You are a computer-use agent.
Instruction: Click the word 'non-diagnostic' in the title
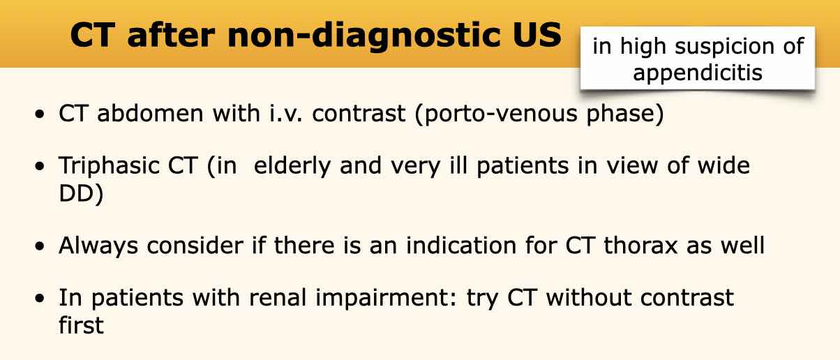click(x=363, y=36)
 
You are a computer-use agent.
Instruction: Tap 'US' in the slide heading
click(x=537, y=34)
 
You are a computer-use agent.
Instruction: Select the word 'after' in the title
click(x=171, y=34)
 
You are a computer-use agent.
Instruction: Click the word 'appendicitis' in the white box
click(x=698, y=73)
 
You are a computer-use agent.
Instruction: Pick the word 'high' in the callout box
click(x=643, y=47)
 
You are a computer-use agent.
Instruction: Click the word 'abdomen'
click(x=150, y=113)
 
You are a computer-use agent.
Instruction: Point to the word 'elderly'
click(x=292, y=166)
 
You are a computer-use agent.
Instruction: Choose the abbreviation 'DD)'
click(x=81, y=194)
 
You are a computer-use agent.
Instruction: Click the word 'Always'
click(x=98, y=246)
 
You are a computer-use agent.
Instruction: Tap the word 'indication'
click(x=461, y=246)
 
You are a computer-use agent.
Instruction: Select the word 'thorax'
click(x=640, y=246)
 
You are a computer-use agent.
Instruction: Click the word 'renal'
click(x=278, y=298)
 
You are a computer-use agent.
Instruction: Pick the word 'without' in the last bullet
click(x=589, y=298)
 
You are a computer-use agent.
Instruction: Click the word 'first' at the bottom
click(x=81, y=325)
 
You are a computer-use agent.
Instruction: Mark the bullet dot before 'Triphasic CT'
click(x=39, y=166)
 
